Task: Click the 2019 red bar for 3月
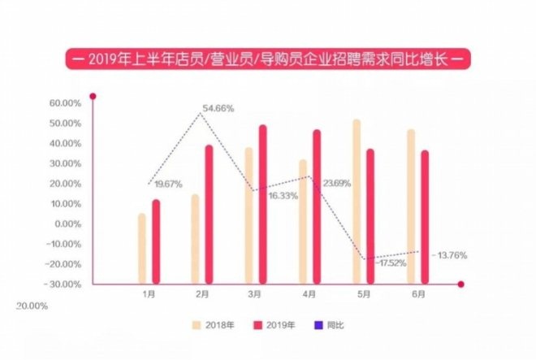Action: (262, 205)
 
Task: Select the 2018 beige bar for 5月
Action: (357, 202)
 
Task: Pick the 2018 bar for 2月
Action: (195, 240)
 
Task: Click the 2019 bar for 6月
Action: (425, 218)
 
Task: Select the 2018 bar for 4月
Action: (303, 222)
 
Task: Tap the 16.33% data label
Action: (281, 196)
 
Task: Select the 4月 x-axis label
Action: (310, 295)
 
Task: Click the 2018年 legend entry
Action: (214, 325)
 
